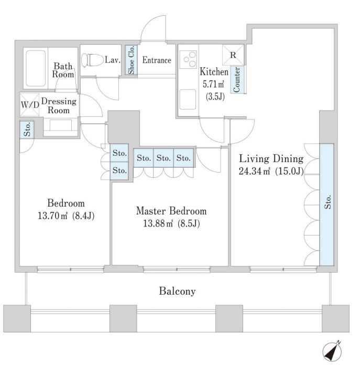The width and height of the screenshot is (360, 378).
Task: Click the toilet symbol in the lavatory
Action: point(92,60)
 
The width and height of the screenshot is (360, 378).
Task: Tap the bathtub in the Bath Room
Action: point(36,68)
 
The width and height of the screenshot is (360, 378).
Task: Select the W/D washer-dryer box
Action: point(29,105)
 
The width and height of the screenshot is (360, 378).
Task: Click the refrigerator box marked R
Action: point(233,55)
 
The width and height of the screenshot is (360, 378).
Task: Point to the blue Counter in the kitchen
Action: point(237,79)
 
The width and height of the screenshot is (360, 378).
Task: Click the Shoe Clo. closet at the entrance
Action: point(131,60)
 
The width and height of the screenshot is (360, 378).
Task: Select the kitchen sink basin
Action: point(188,99)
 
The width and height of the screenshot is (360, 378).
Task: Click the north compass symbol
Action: point(332,352)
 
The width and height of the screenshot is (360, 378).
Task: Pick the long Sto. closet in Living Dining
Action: point(327,204)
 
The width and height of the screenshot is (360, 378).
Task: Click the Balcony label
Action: point(177,291)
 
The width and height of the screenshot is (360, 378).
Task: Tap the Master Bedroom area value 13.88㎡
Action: point(158,224)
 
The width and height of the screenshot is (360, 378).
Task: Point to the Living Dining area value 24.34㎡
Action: point(254,171)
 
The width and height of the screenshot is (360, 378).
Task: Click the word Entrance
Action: point(157,60)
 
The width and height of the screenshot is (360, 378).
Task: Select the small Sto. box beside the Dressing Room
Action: point(27,129)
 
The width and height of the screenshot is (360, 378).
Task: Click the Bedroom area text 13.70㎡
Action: point(52,215)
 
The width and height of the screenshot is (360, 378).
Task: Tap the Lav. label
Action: point(113,60)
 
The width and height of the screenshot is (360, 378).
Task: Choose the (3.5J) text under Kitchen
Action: point(215,96)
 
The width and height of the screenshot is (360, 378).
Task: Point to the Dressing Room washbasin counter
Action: point(61,125)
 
